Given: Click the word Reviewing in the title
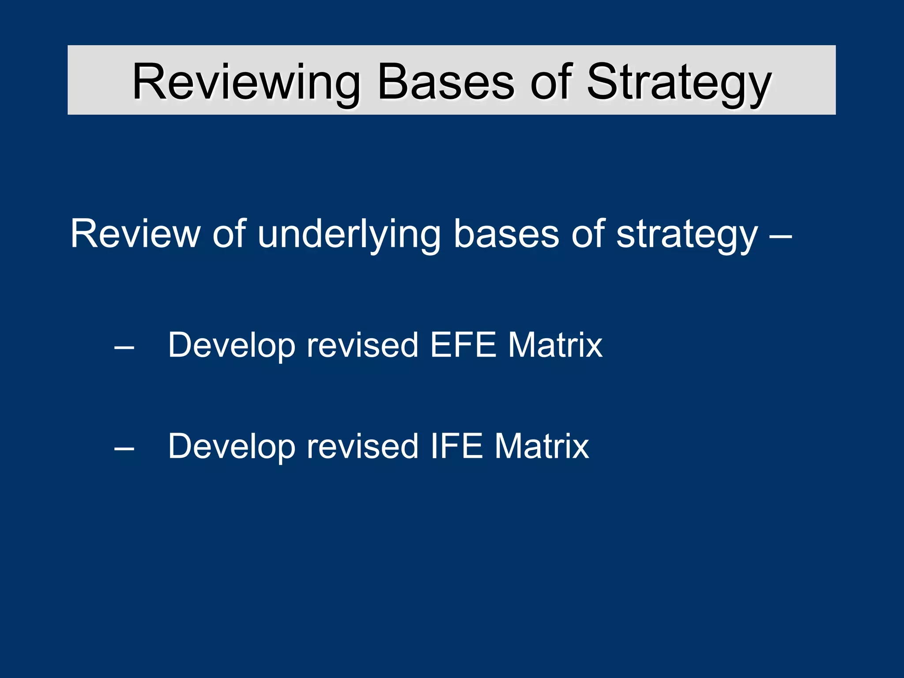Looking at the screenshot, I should [245, 82].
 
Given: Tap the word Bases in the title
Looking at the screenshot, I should [446, 82].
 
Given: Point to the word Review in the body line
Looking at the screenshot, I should [135, 234].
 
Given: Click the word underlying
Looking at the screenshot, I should [349, 234].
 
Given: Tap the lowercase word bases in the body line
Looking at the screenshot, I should [506, 234].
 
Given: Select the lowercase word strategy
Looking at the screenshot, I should [687, 234].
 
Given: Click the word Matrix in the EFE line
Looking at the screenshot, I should [555, 345].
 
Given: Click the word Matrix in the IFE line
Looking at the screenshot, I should [542, 446].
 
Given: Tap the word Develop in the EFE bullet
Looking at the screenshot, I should [232, 345].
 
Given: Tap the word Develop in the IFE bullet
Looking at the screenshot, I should [232, 446].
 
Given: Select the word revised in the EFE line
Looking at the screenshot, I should [362, 345].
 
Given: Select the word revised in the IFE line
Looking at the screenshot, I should [362, 446].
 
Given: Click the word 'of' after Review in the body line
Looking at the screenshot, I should [229, 234].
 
